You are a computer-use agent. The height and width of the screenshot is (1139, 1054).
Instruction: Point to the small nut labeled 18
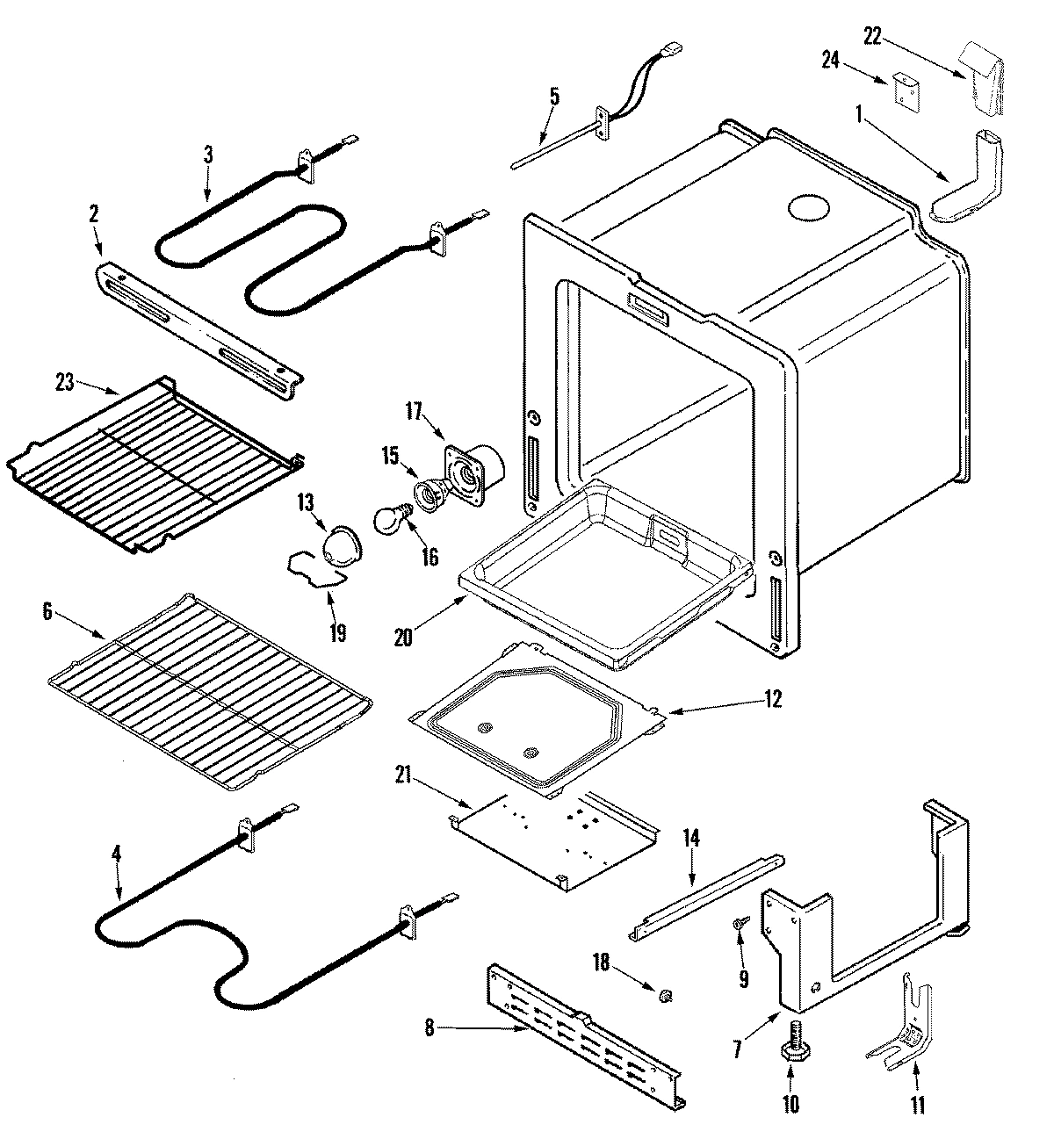(x=666, y=994)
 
